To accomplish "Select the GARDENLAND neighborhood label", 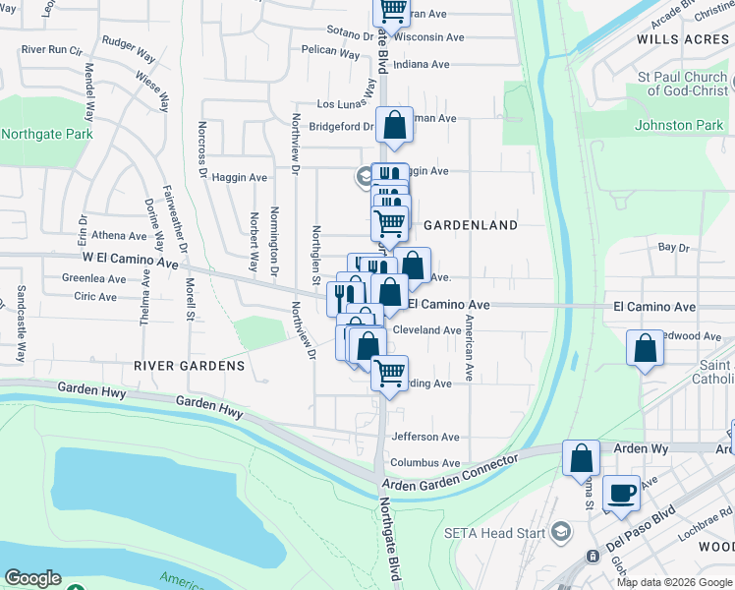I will pos(471,225).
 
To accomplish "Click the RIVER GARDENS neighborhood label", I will pos(189,366).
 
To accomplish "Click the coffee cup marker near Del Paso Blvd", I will pos(620,494).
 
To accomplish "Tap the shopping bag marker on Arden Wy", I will pos(581,457).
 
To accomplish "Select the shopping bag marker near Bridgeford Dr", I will pos(394,126).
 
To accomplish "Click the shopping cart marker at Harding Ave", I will pos(390,374).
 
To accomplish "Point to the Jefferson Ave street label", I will pos(425,437).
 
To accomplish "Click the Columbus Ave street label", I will pos(425,463).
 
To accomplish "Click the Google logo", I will pos(32,578).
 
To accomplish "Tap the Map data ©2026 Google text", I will pos(674,582).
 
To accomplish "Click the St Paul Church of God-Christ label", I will pos(680,84).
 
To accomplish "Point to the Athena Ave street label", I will pos(118,236).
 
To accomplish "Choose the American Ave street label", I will pos(470,348).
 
